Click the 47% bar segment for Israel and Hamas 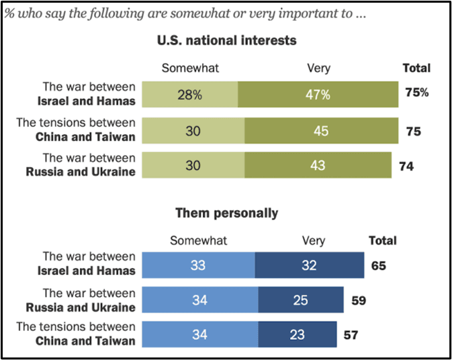[x=317, y=95]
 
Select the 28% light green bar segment [x=191, y=95]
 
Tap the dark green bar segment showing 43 [x=317, y=166]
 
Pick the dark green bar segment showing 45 [x=320, y=130]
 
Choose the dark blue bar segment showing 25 [x=300, y=299]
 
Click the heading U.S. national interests [x=226, y=41]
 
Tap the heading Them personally [x=226, y=213]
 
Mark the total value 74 [x=406, y=166]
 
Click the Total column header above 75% [x=416, y=68]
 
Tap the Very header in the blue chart [x=313, y=240]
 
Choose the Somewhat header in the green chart [x=191, y=68]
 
